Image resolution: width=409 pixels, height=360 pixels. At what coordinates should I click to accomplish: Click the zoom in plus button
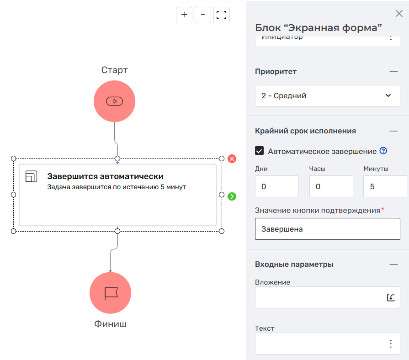184,15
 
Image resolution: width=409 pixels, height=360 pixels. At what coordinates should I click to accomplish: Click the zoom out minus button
203,15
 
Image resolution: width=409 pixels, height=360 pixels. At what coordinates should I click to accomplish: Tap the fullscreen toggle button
222,15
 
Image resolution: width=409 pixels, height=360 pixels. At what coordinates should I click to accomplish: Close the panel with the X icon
398,13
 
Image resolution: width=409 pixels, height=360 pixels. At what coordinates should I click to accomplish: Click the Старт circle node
114,101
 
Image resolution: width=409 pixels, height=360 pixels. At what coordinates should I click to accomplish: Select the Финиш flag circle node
111,293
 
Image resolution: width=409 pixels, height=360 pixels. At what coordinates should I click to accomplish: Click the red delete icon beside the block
232,159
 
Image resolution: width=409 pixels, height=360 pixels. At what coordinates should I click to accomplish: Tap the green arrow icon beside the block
232,196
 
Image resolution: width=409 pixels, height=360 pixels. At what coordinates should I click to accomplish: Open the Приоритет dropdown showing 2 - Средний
327,96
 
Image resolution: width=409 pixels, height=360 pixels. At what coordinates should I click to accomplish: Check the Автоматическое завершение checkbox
260,151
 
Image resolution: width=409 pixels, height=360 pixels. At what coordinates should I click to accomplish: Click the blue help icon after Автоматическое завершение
383,151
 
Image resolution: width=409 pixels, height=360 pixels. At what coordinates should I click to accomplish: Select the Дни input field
276,186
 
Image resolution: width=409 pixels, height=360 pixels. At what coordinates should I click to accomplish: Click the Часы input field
331,186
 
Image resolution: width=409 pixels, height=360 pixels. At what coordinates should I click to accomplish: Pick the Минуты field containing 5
385,186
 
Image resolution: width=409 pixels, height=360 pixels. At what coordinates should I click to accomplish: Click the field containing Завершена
327,229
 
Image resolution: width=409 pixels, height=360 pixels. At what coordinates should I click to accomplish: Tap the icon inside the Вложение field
391,297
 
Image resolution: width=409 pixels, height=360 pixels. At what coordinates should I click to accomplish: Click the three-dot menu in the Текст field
391,344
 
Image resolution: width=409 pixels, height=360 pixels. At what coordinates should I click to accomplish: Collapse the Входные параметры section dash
393,264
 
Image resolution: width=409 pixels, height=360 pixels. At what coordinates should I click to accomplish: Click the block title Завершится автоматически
105,176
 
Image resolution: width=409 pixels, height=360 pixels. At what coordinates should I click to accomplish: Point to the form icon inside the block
32,177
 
